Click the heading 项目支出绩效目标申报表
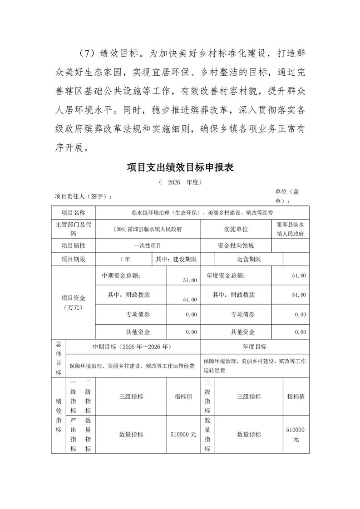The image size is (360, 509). tap(180, 168)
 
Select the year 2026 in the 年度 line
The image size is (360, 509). tap(174, 182)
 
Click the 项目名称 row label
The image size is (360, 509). tap(73, 212)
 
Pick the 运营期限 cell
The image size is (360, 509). tap(248, 259)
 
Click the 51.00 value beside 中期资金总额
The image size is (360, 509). tap(190, 280)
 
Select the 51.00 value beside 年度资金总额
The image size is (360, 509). tap(299, 275)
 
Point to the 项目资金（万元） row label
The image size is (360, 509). tap(73, 302)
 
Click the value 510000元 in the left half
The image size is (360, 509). tap(183, 434)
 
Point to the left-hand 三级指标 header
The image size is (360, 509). tap(131, 396)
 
